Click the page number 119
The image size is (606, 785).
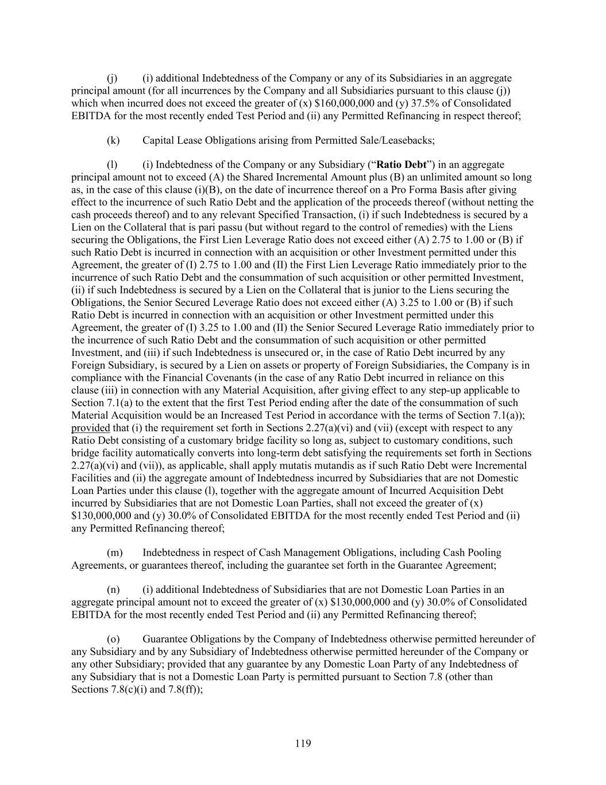(303, 744)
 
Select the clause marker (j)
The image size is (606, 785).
(113, 78)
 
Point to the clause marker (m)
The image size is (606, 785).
(115, 553)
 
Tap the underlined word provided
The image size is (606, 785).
(90, 428)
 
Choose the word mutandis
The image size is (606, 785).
(325, 465)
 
